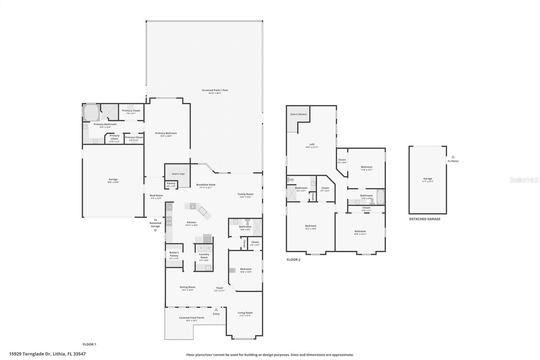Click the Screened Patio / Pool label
215,90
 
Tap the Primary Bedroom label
166,133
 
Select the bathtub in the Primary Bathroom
91,113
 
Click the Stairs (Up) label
178,174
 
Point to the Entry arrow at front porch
216,309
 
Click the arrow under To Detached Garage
155,231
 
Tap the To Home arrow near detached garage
453,157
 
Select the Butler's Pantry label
174,254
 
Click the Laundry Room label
204,256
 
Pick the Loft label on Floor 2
312,144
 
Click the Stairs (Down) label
298,114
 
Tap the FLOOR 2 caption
293,260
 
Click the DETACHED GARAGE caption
425,219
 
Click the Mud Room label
156,196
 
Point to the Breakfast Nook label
206,185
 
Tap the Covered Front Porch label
191,318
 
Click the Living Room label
245,313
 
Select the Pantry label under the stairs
171,183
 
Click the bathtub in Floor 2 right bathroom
380,197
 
